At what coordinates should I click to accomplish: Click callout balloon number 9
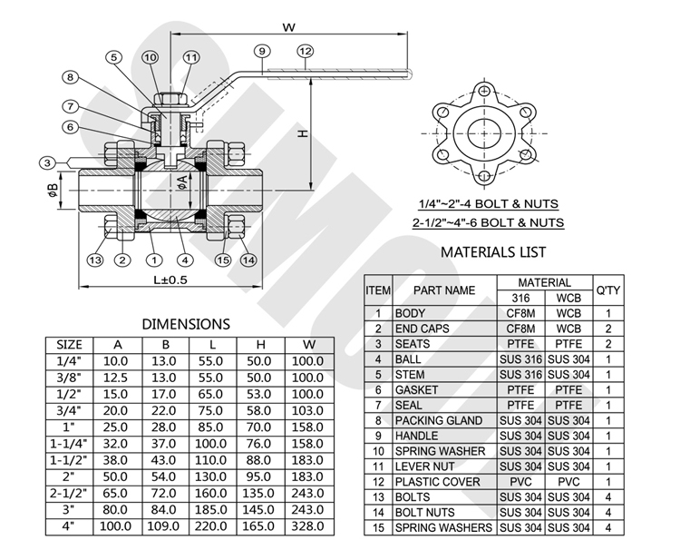tap(261, 51)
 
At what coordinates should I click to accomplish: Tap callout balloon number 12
tap(305, 51)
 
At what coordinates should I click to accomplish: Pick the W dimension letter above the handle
tap(289, 27)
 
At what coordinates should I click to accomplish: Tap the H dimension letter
tap(304, 133)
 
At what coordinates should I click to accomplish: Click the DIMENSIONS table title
tap(187, 323)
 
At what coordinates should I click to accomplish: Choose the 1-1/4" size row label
tap(69, 445)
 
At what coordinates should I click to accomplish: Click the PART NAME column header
tap(444, 290)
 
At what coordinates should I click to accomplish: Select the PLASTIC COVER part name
tap(437, 482)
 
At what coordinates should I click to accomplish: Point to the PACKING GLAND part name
tap(438, 420)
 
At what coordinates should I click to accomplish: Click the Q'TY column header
tap(607, 290)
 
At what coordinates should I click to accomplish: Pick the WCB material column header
tap(569, 298)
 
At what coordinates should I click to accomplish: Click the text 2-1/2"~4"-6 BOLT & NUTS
tap(488, 222)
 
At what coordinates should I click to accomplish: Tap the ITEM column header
tap(378, 290)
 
